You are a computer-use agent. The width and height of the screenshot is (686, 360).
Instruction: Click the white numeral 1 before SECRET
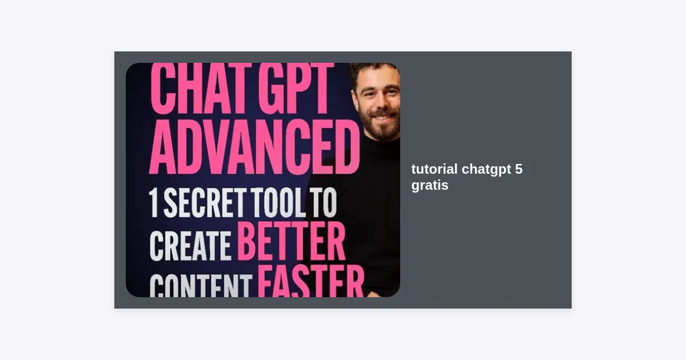click(x=153, y=203)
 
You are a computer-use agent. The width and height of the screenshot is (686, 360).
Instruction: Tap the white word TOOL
click(x=278, y=203)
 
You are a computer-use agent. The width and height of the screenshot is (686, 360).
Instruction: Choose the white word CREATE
click(x=190, y=246)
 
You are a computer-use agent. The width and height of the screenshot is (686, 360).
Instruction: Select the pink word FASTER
click(x=311, y=281)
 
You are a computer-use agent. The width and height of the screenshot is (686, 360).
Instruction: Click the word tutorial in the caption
click(x=434, y=169)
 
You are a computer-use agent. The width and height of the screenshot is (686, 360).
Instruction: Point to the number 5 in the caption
click(x=519, y=169)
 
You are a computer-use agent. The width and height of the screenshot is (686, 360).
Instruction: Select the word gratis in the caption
click(x=430, y=186)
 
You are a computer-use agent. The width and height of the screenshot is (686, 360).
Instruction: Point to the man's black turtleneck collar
click(x=384, y=147)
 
